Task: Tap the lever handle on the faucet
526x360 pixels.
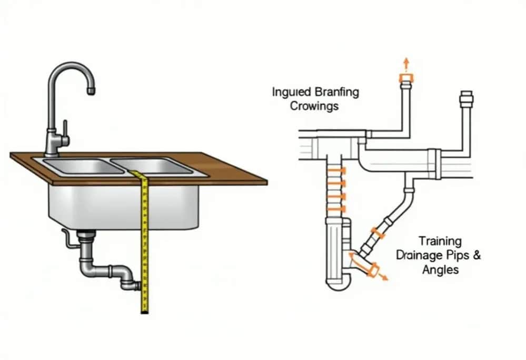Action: pos(65,128)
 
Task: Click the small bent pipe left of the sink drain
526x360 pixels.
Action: pos(67,238)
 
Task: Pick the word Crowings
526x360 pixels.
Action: pos(314,106)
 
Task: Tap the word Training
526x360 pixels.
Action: pos(440,242)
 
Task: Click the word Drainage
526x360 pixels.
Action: pos(419,256)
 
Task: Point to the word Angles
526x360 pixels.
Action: pos(440,270)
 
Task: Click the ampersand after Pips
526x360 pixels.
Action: pos(477,256)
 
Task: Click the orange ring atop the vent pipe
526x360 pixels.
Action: pos(406,79)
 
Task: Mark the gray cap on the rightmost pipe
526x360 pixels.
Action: pos(467,98)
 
